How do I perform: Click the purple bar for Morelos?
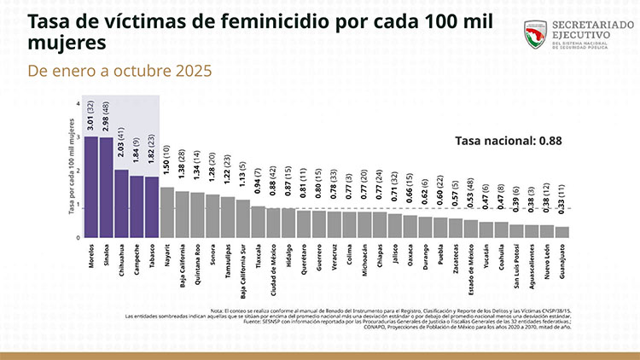90,187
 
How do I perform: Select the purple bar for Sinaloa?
106,188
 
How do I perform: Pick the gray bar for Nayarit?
167,212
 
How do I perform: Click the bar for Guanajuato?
561,231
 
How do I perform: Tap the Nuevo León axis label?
546,264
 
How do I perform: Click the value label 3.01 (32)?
90,115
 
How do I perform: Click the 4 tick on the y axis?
79,104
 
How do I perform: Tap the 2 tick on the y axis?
79,171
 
